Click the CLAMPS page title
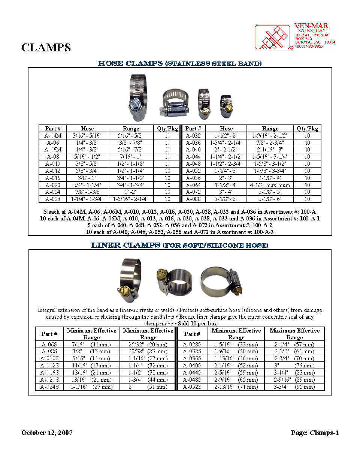46,48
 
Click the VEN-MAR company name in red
311,26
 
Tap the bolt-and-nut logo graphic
273,37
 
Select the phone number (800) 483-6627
309,46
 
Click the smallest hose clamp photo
226,106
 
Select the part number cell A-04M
53,136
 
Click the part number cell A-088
193,199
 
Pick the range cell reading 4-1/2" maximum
270,185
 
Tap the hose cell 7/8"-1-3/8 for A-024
87,192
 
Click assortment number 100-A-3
264,232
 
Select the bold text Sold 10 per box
197,324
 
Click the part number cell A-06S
49,345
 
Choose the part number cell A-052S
192,387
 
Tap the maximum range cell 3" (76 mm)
294,366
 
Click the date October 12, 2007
47,433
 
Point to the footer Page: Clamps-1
315,433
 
